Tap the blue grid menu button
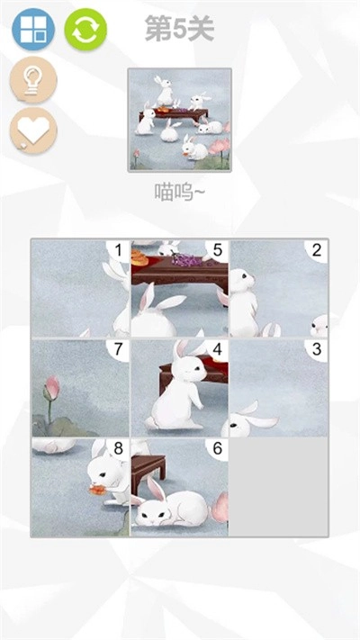(x=33, y=30)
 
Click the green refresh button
(x=85, y=30)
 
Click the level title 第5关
(x=180, y=29)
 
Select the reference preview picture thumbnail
(x=180, y=120)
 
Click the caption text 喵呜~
(x=180, y=192)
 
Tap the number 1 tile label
(x=119, y=250)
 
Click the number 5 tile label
(x=218, y=250)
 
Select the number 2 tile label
(x=317, y=250)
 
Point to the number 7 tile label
(x=119, y=349)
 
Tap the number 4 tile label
(x=218, y=349)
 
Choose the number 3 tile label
(x=317, y=349)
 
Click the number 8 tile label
(x=119, y=448)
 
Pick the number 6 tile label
(x=218, y=448)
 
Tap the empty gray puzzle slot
(x=279, y=487)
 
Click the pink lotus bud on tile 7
(x=52, y=388)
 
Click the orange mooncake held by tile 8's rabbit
(x=98, y=489)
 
